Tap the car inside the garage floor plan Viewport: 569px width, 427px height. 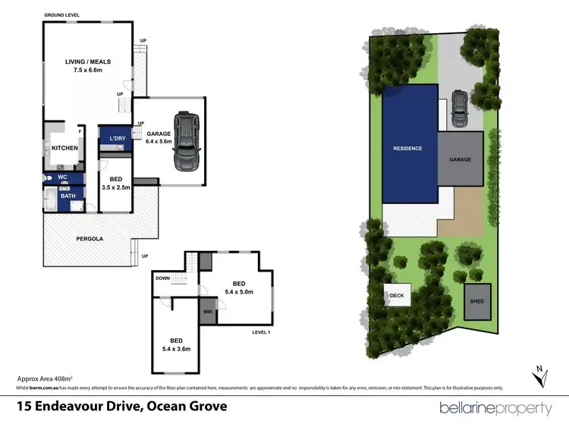pyautogui.click(x=187, y=141)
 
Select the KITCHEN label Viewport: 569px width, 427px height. pyautogui.click(x=64, y=148)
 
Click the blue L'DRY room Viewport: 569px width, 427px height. pyautogui.click(x=118, y=139)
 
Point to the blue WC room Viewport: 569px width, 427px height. pyautogui.click(x=61, y=179)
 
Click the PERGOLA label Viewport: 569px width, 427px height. pyautogui.click(x=90, y=238)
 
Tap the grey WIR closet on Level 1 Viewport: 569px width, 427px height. pyautogui.click(x=207, y=311)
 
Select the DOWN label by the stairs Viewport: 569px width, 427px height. pyautogui.click(x=163, y=278)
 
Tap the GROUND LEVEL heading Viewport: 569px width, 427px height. pyautogui.click(x=61, y=15)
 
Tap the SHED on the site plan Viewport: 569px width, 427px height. pyautogui.click(x=476, y=301)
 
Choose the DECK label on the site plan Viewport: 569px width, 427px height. pyautogui.click(x=396, y=296)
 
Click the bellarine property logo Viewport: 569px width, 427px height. pyautogui.click(x=495, y=408)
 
